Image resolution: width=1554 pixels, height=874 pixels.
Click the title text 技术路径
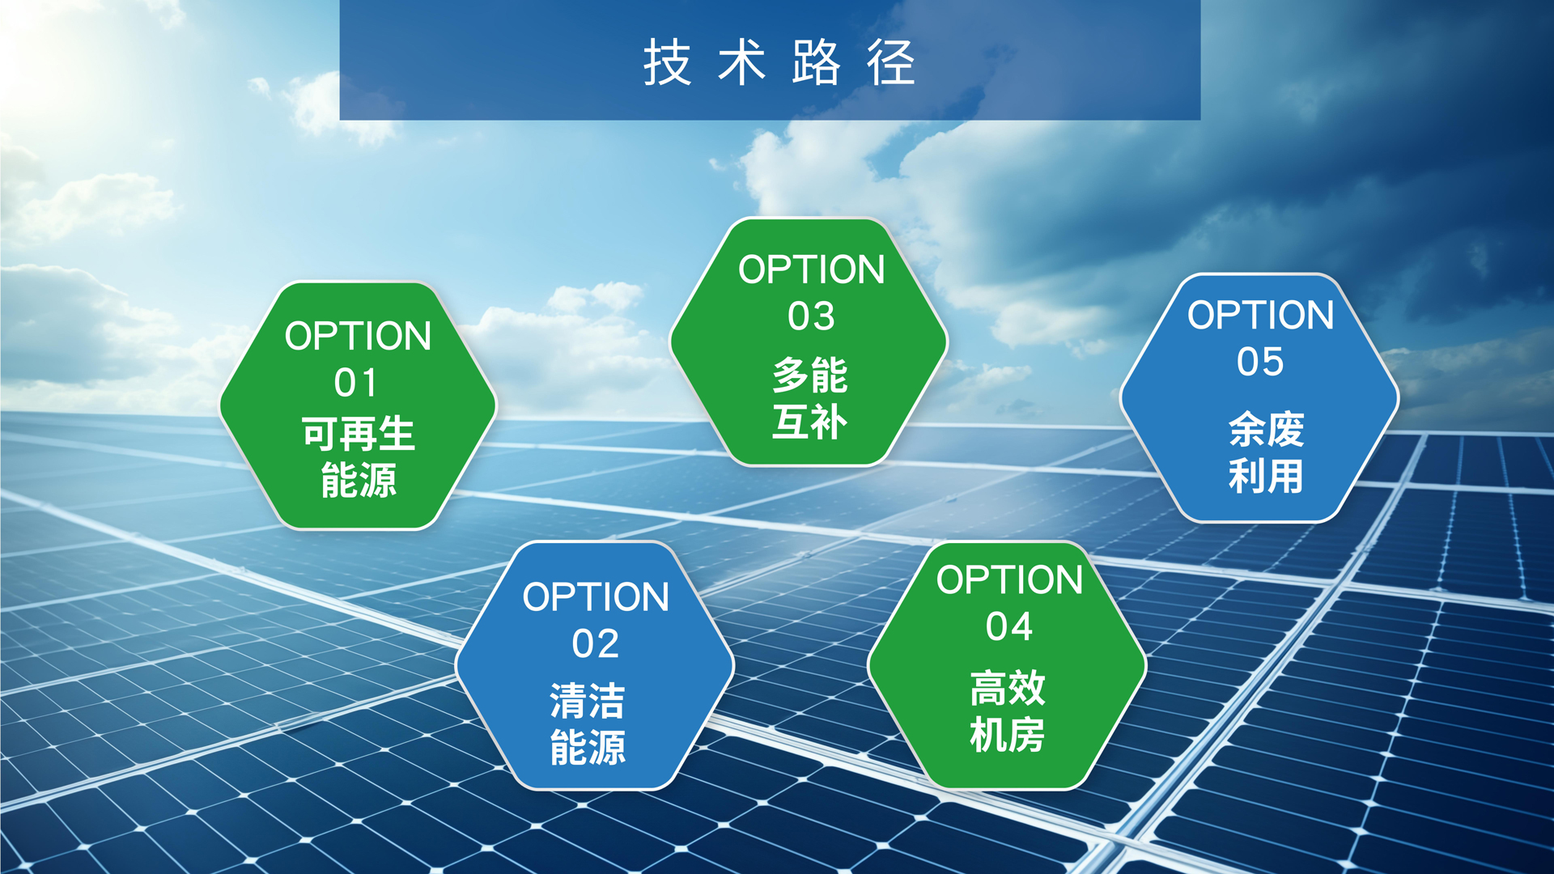point(779,62)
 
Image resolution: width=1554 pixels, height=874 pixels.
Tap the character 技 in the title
point(668,62)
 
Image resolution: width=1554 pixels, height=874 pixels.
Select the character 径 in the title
point(891,62)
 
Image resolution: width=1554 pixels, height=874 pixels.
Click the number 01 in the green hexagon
point(356,383)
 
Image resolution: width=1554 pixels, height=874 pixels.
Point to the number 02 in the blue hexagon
point(596,644)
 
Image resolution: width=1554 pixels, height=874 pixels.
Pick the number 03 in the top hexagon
point(811,316)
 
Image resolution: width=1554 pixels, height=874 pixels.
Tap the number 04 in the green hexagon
point(1009,627)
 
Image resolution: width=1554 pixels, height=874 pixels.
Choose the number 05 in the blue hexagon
point(1260,362)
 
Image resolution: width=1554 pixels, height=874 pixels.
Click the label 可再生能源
point(359,457)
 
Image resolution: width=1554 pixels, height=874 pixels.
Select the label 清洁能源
point(588,723)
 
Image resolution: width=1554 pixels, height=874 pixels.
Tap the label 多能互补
point(809,399)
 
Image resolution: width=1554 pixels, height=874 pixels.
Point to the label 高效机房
point(1008,711)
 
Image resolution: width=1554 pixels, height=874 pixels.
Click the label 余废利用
point(1267,452)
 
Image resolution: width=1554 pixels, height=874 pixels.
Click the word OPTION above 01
point(358,336)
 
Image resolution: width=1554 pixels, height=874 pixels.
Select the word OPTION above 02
point(596,597)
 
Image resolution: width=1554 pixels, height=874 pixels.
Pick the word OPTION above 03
point(812,269)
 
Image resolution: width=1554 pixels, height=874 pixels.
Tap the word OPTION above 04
point(1010,580)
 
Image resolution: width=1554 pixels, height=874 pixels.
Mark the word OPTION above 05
point(1261,315)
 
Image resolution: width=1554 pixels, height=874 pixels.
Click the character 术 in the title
point(742,62)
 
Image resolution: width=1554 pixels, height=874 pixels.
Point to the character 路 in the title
point(817,62)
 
